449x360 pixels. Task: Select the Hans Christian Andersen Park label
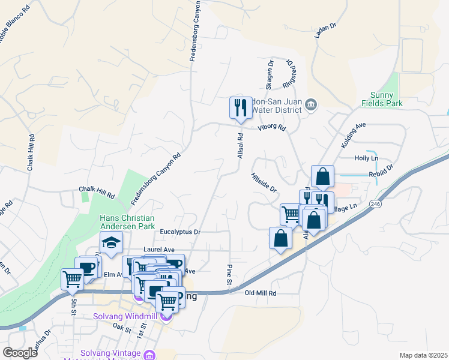(x=127, y=222)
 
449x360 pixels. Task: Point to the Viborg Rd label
(x=271, y=128)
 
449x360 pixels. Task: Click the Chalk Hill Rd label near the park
(x=97, y=191)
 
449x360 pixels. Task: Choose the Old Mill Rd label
(x=261, y=293)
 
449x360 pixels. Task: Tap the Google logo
(x=20, y=353)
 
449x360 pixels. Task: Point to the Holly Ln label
(x=366, y=158)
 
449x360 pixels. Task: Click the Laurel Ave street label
(x=158, y=249)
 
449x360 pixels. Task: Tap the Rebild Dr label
(x=382, y=171)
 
